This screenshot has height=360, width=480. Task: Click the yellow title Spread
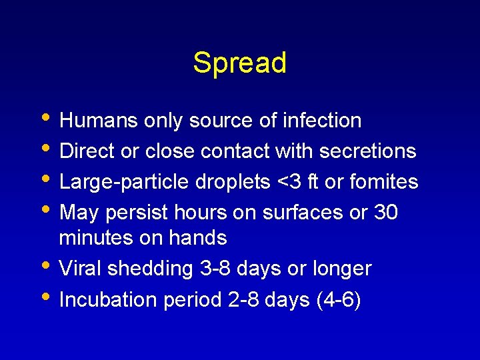[x=239, y=63]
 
